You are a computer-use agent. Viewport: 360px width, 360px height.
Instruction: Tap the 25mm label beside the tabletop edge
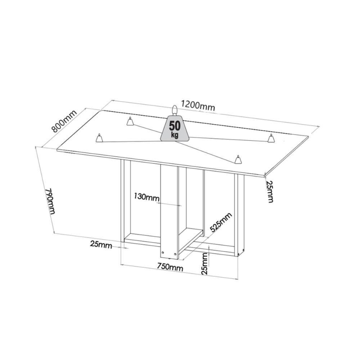pos(270,191)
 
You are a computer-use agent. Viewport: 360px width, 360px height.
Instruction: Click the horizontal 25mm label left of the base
pos(101,244)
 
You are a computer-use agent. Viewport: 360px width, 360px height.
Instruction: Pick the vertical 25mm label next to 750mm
pos(204,264)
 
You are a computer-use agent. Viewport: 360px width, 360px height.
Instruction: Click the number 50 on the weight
pos(175,126)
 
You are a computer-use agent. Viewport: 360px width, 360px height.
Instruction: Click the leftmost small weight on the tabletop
pos(99,138)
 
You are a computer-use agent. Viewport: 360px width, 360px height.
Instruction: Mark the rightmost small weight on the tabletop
pos(271,138)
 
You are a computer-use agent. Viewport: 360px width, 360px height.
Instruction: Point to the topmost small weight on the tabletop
pos(130,122)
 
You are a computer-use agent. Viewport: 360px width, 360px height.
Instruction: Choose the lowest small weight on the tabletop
pos(237,159)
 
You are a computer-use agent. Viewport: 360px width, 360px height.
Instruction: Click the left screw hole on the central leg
pos(163,253)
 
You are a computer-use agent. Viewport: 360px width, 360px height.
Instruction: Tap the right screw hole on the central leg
pos(175,254)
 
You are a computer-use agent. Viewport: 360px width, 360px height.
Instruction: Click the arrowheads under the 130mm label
pos(169,204)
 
